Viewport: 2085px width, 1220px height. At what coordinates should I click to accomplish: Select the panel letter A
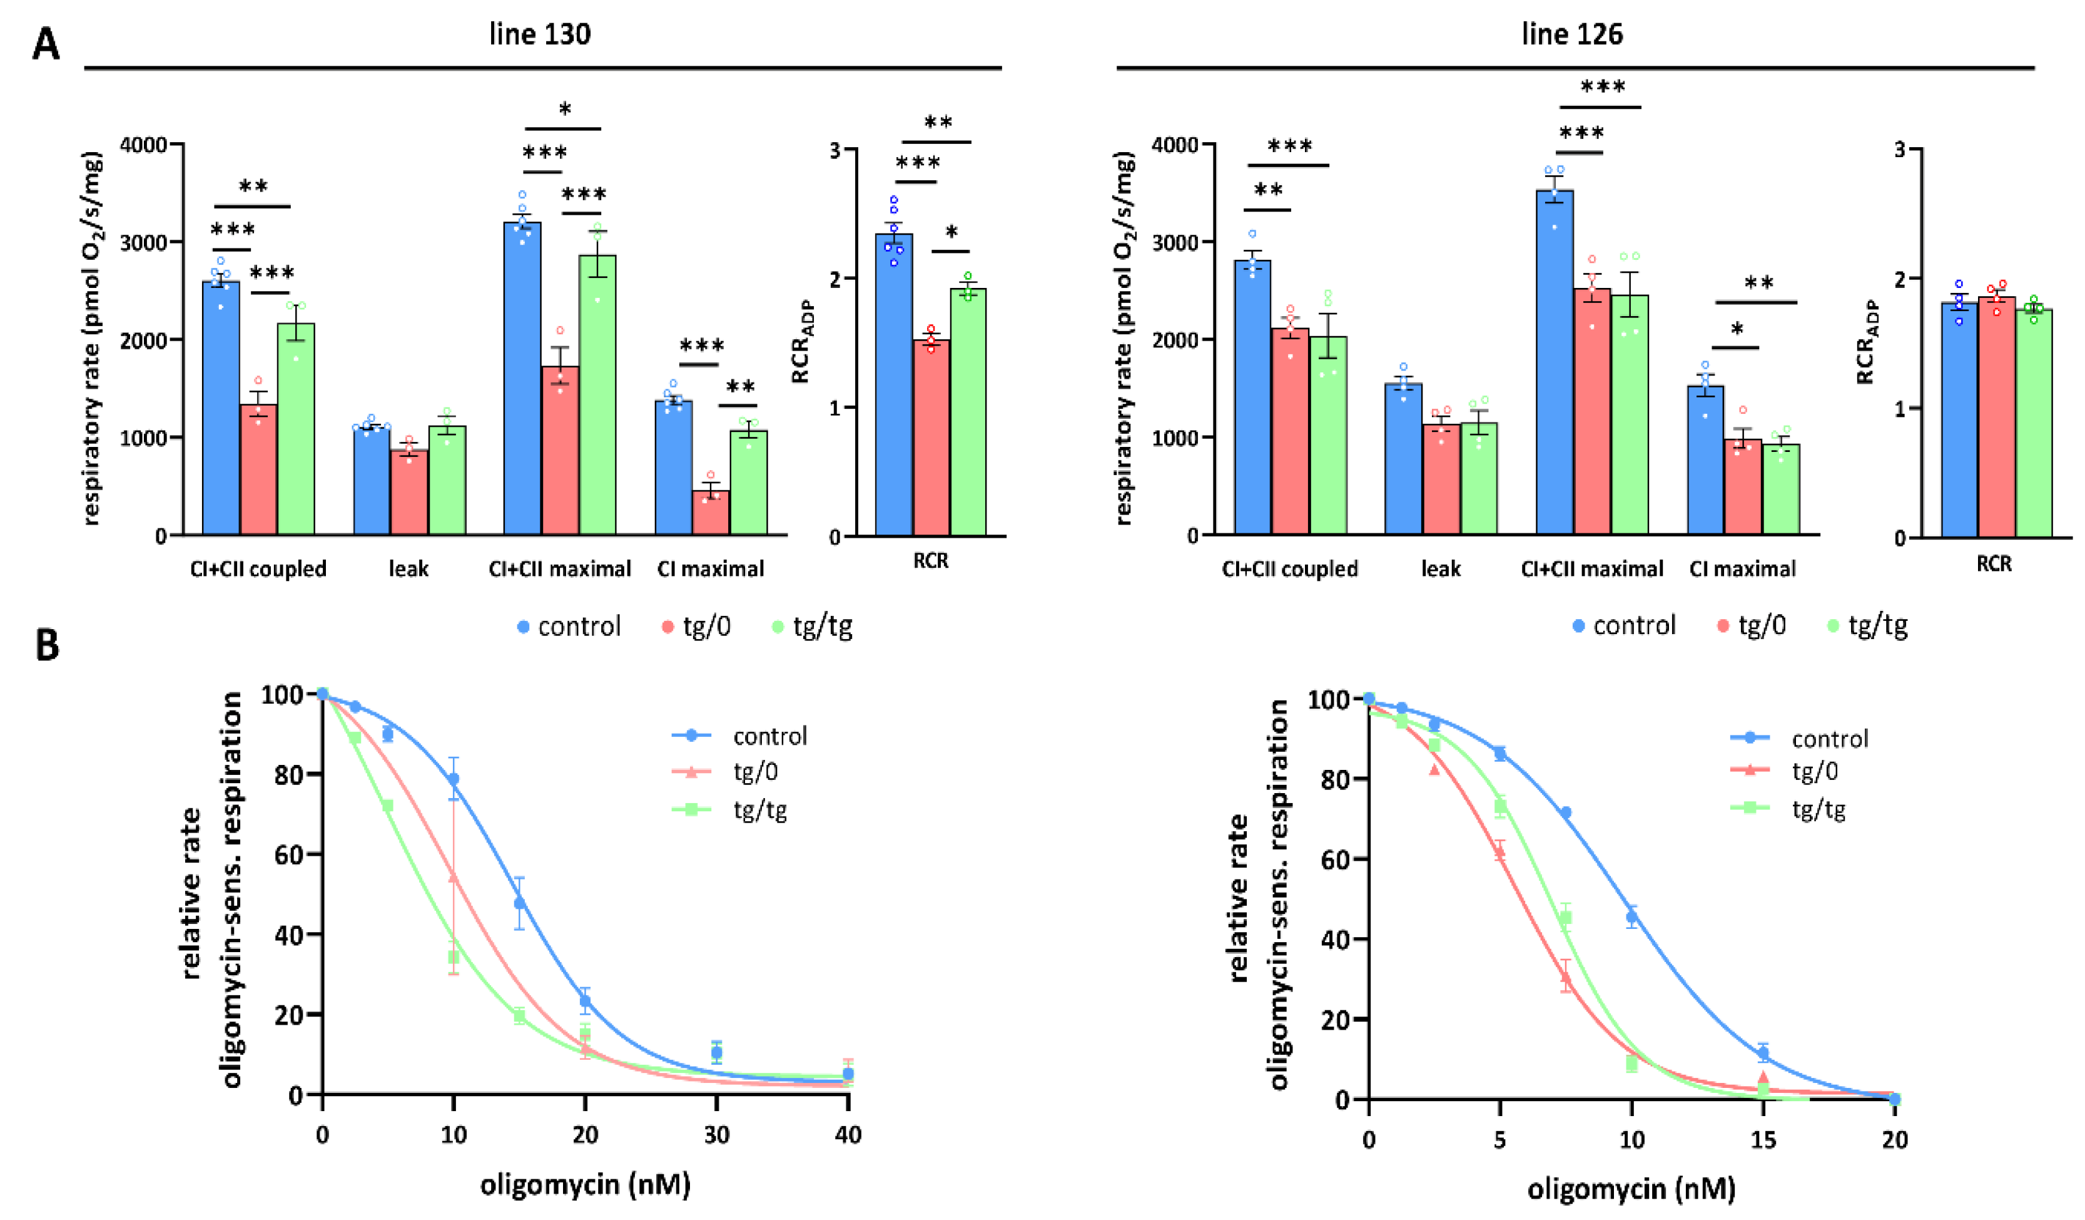coord(46,44)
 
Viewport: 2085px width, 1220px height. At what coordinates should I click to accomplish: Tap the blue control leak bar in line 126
coord(1403,459)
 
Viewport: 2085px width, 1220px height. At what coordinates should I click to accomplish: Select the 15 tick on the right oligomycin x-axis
coord(1763,1140)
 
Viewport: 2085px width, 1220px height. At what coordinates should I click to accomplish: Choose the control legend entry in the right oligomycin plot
coord(1829,738)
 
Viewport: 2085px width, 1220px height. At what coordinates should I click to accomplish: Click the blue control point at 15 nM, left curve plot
coord(520,902)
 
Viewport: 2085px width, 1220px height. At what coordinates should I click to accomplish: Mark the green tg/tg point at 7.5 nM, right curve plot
coord(1565,918)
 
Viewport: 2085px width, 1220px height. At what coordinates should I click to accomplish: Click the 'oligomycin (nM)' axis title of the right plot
coord(1631,1189)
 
